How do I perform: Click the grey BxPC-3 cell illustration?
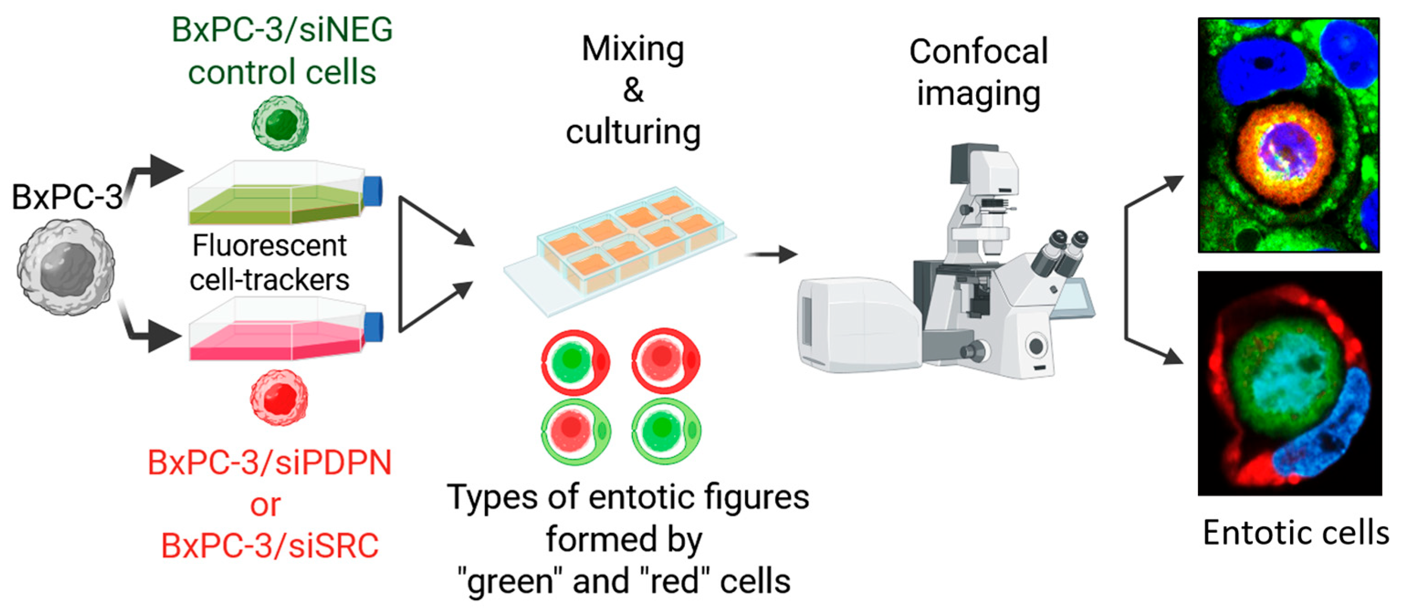click(x=66, y=266)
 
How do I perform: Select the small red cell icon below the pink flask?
click(x=279, y=397)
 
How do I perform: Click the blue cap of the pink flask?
click(x=373, y=327)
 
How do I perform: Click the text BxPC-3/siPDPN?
click(x=269, y=463)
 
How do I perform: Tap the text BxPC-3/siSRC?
click(x=269, y=546)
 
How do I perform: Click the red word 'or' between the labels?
click(x=266, y=505)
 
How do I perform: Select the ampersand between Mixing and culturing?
click(x=633, y=90)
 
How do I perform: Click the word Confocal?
click(x=978, y=52)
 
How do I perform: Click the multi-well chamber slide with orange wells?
click(x=620, y=244)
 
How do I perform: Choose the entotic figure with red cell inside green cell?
click(x=575, y=430)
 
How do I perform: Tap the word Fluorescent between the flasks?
click(x=269, y=246)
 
